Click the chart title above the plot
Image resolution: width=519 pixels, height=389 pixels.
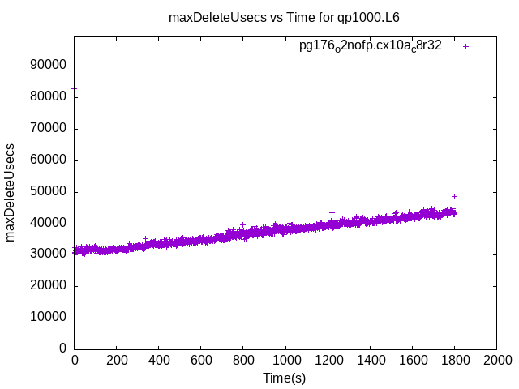[x=283, y=16]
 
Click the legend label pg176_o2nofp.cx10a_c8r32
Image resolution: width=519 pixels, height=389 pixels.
[x=370, y=46]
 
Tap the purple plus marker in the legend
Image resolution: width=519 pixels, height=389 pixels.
[x=466, y=46]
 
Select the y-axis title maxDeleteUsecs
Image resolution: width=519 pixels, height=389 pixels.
[x=11, y=192]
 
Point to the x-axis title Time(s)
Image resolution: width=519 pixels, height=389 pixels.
[x=284, y=378]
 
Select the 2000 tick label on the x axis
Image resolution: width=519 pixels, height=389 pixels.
[x=496, y=360]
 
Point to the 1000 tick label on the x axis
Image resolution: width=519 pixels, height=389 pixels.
[x=285, y=360]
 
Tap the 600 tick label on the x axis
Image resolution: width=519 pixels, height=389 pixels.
[x=201, y=360]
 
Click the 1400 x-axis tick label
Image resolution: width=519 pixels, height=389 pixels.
[x=370, y=360]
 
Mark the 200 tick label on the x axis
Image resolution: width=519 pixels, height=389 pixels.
[x=117, y=360]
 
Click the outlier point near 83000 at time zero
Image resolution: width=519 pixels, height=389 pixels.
[x=75, y=88]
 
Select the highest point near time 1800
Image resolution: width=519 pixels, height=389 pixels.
[x=454, y=196]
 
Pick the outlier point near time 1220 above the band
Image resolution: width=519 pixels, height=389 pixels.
[x=332, y=212]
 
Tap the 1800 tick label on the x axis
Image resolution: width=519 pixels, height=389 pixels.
[x=454, y=360]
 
